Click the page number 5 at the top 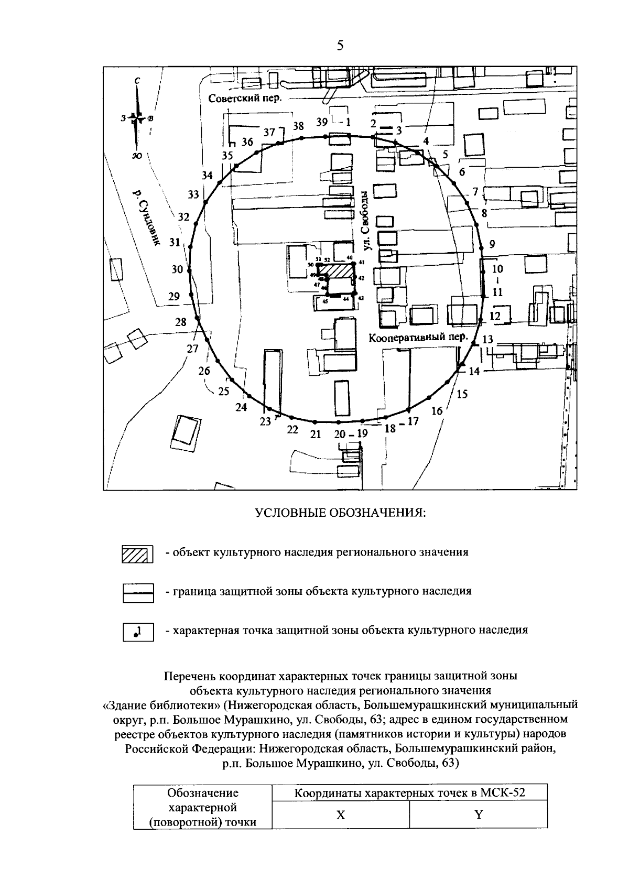click(x=340, y=46)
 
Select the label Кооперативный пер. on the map click(x=418, y=337)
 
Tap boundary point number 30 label click(x=178, y=269)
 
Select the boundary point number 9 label click(x=492, y=244)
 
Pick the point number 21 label click(x=315, y=434)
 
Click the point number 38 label click(x=298, y=126)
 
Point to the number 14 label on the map click(x=474, y=371)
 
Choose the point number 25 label click(x=224, y=391)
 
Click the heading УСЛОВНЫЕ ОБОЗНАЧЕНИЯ click(x=340, y=512)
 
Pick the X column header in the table click(x=341, y=815)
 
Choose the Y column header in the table click(x=478, y=815)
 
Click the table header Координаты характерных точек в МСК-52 click(x=409, y=793)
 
